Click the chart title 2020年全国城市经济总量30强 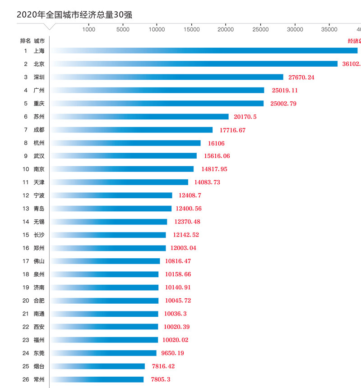[74, 14]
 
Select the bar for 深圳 [167, 77]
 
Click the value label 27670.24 [301, 78]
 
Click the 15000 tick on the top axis [192, 30]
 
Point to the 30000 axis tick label [295, 30]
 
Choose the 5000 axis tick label [123, 30]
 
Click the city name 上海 [39, 51]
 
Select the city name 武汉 [39, 156]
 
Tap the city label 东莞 [39, 353]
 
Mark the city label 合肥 [39, 301]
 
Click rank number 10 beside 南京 [26, 169]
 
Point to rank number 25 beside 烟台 [26, 366]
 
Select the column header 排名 [25, 41]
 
